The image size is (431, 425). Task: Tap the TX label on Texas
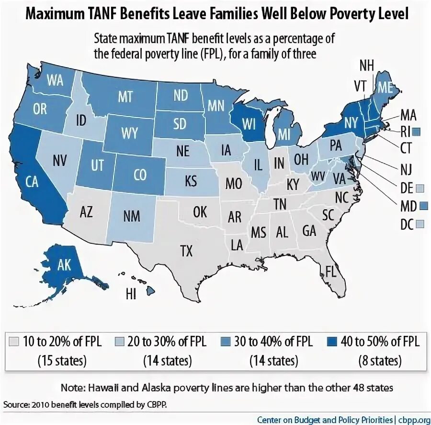click(x=186, y=250)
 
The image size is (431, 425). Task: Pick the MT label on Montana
click(x=125, y=96)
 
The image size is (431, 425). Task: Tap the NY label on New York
click(x=351, y=123)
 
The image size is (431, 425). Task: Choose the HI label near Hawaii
click(x=131, y=293)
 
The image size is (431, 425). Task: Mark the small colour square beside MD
click(x=422, y=205)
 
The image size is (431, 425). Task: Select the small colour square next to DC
click(x=420, y=224)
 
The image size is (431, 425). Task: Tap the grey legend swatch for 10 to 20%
click(x=14, y=342)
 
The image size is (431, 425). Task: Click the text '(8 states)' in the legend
click(x=378, y=359)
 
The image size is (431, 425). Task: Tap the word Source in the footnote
click(x=15, y=404)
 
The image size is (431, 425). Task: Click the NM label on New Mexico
click(x=131, y=215)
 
